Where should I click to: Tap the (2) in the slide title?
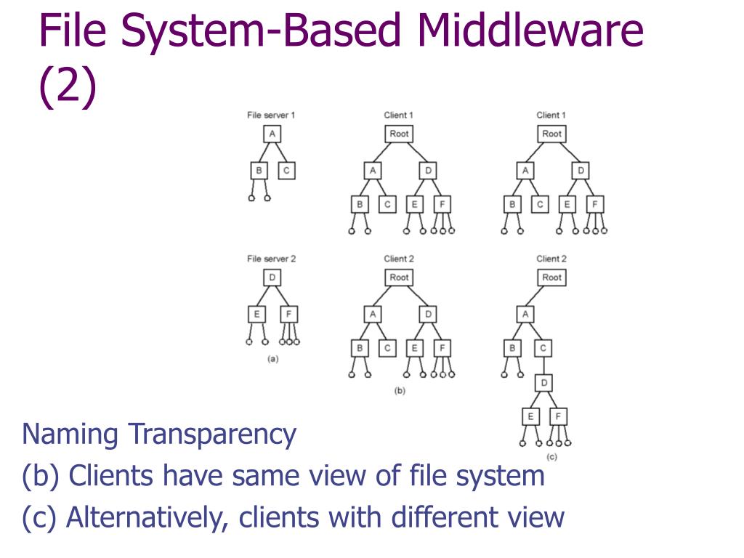[x=68, y=86]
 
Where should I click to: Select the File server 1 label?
[x=271, y=115]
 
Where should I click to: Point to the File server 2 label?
[x=271, y=259]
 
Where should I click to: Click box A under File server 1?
[x=272, y=134]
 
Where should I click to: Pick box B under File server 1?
[x=258, y=171]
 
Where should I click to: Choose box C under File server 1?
[x=286, y=171]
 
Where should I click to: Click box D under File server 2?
[x=272, y=278]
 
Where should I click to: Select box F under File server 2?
[x=288, y=315]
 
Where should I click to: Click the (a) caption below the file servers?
[x=273, y=358]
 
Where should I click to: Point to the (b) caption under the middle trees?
[x=399, y=391]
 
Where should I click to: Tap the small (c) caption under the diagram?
[x=551, y=457]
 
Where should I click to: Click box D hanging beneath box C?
[x=544, y=381]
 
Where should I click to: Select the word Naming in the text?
[x=70, y=435]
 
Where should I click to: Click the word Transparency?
[x=212, y=435]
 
